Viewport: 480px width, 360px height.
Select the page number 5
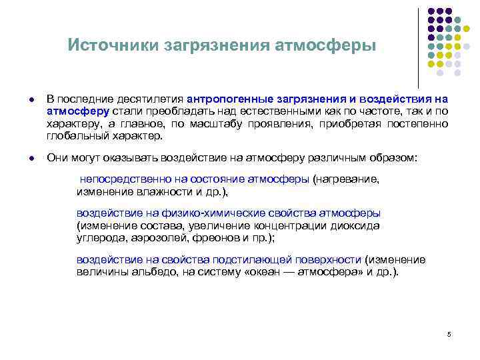point(449,334)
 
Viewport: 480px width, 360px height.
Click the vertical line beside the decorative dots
point(418,47)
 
